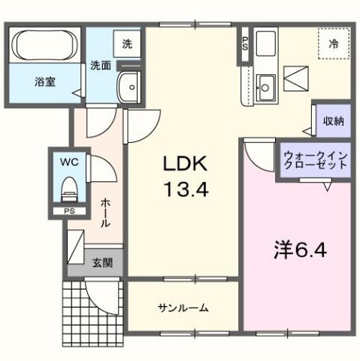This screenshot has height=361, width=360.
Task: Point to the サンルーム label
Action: point(183,308)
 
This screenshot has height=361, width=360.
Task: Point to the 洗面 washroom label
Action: point(101,65)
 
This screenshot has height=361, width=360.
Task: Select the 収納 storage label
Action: point(333,121)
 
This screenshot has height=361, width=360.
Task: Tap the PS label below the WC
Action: point(68,211)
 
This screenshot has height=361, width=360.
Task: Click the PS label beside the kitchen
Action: point(245,43)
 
